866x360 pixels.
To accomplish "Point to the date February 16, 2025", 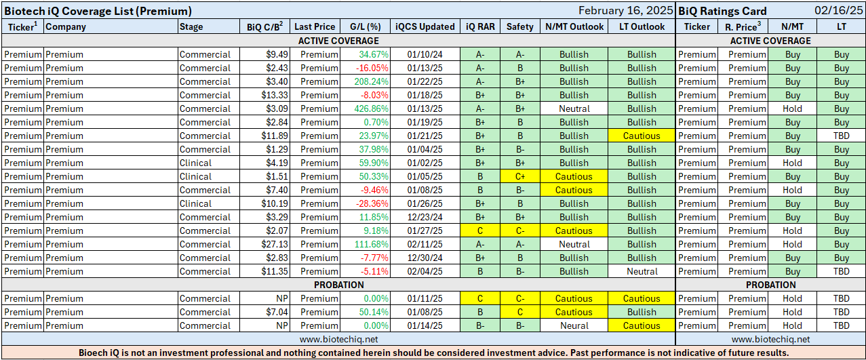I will pos(626,11).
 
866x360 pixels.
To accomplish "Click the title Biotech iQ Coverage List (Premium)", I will pos(98,11).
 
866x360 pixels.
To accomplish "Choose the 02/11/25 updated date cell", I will pos(425,244).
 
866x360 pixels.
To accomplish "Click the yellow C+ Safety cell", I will pos(520,176).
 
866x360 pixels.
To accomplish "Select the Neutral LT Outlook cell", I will pos(642,271).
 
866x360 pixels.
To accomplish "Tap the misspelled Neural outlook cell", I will pos(574,325).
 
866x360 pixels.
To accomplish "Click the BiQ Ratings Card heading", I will pos(722,11).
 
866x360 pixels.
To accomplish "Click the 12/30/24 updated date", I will pos(425,258).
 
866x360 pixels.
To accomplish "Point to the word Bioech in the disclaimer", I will pos(94,353).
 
